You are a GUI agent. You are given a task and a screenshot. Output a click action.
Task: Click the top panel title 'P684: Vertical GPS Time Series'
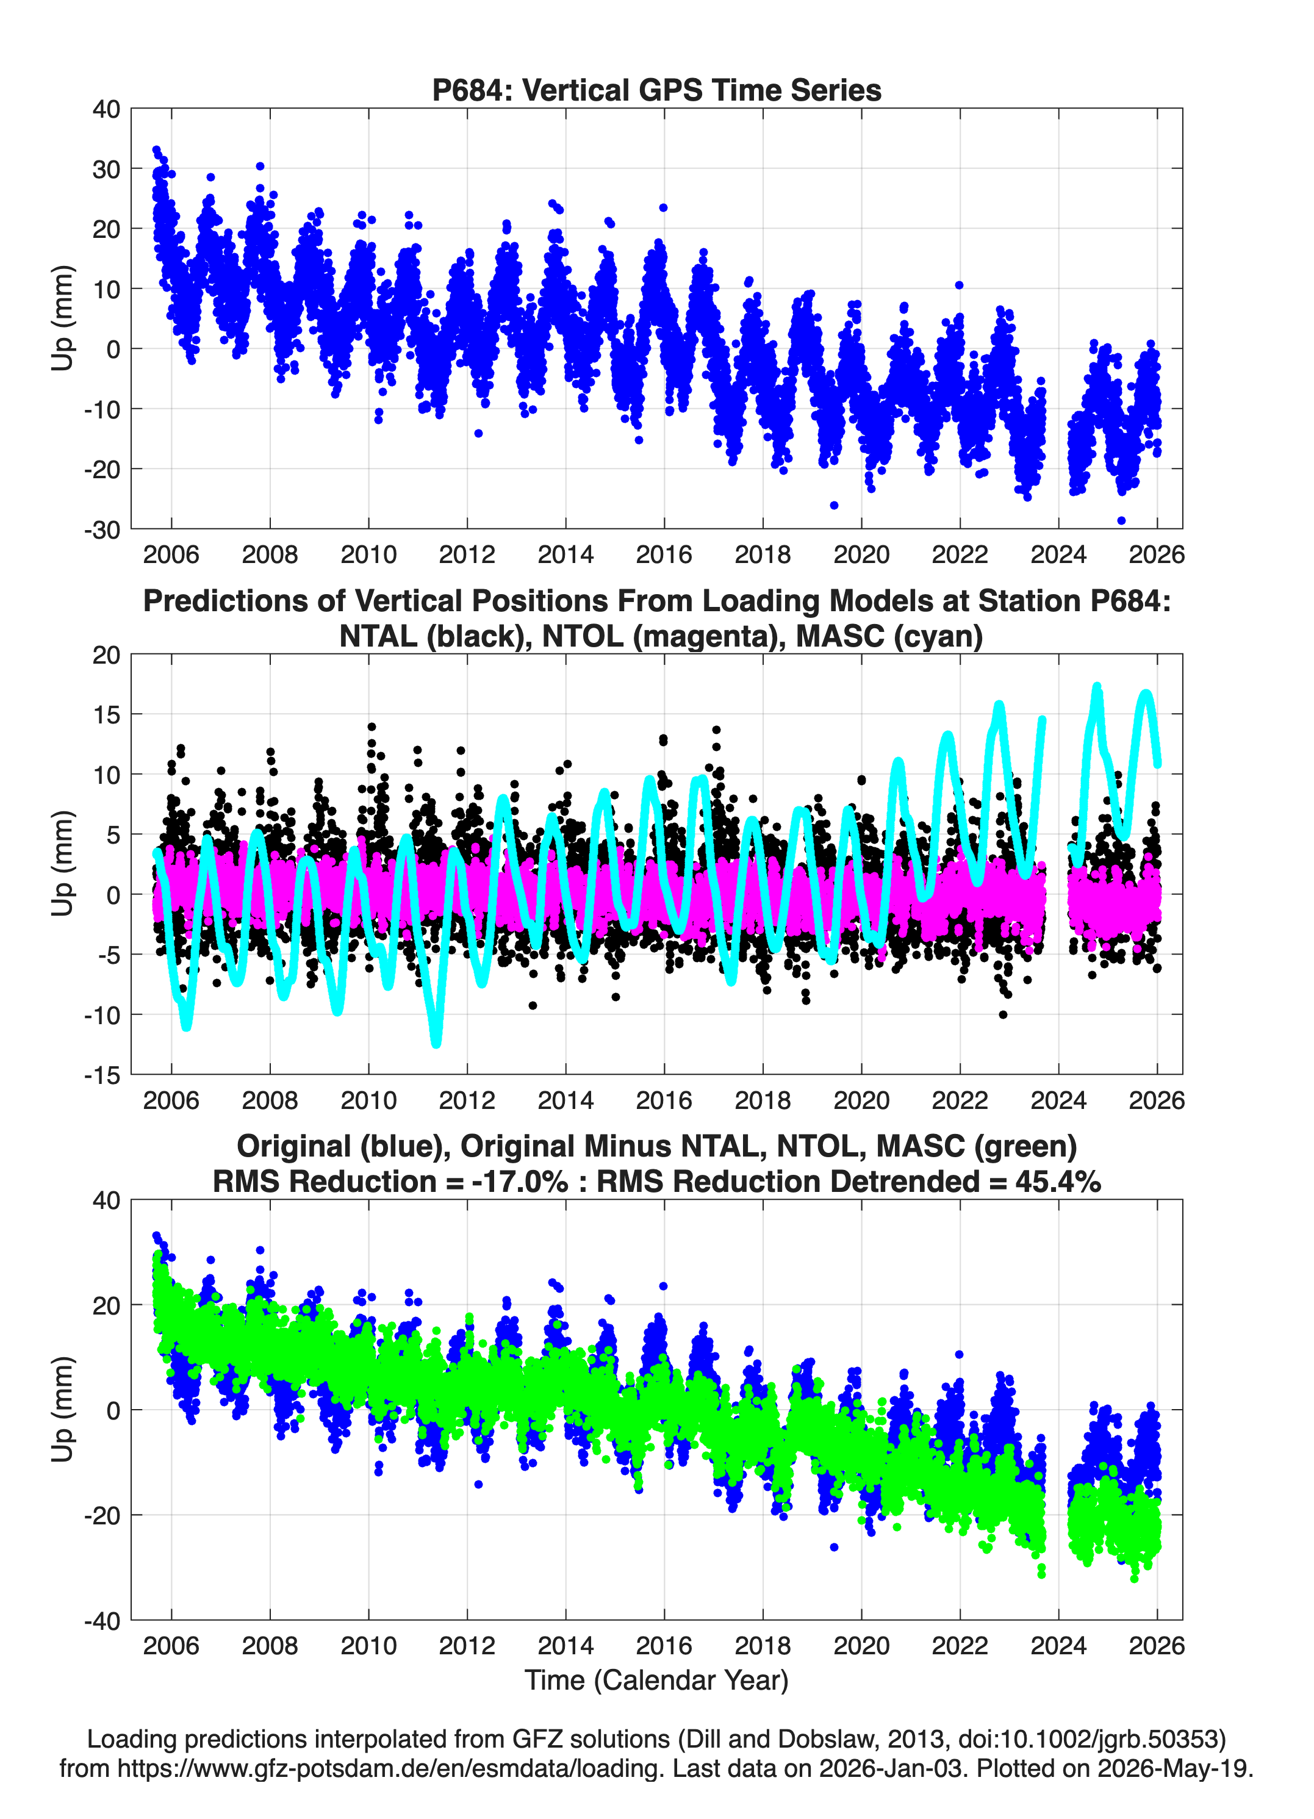[x=656, y=90]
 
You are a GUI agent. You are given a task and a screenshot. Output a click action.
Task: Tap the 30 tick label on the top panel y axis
[x=106, y=169]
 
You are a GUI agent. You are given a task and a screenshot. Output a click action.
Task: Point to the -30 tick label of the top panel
[x=102, y=529]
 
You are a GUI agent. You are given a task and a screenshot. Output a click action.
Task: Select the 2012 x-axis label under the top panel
[x=467, y=554]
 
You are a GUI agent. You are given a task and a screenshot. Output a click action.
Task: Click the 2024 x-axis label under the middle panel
[x=1058, y=1100]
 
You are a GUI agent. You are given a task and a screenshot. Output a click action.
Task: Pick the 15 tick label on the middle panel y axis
[x=106, y=714]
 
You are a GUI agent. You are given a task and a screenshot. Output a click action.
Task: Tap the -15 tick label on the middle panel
[x=102, y=1075]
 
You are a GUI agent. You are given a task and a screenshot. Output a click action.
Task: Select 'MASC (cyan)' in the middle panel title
[x=889, y=636]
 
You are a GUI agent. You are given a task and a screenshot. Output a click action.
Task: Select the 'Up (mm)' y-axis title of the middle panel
[x=63, y=864]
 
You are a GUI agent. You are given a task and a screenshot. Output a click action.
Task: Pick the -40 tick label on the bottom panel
[x=102, y=1621]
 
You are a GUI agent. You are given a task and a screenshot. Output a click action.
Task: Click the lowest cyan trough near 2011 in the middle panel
[x=436, y=1042]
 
